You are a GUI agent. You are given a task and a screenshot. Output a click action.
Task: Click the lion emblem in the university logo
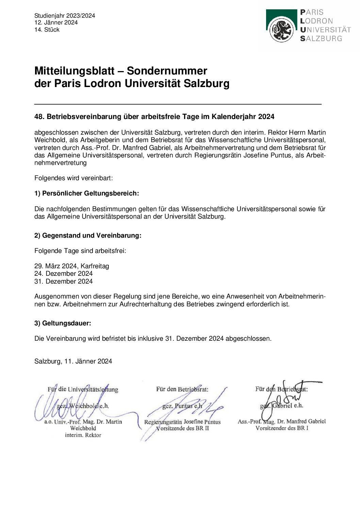[281, 30]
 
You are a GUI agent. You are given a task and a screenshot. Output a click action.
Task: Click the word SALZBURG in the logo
[321, 39]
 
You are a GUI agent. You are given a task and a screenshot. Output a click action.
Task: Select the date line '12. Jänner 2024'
[56, 22]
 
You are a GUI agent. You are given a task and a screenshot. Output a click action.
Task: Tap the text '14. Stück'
[47, 30]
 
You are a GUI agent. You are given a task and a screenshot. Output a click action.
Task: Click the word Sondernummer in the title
[167, 71]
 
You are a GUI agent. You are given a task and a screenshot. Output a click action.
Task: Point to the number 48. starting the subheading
[39, 117]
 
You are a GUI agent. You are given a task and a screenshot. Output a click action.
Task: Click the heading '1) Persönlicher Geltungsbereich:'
[87, 193]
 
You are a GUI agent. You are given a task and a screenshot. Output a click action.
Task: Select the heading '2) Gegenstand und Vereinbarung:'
[88, 235]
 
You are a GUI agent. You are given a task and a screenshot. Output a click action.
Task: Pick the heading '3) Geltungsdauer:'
[63, 323]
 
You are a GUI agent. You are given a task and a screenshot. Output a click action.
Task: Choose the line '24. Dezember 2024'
[64, 273]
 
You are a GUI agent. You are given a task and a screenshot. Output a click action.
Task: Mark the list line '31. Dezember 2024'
[64, 281]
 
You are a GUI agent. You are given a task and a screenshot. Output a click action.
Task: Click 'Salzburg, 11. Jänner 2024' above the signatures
[73, 361]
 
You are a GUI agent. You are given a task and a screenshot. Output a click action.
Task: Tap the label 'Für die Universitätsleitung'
[83, 389]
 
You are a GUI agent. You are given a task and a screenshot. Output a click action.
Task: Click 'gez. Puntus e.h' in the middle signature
[182, 406]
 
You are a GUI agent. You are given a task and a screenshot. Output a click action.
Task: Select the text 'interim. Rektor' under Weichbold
[83, 435]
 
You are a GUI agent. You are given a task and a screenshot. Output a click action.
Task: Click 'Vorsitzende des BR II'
[182, 428]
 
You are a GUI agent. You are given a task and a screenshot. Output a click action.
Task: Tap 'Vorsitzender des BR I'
[282, 428]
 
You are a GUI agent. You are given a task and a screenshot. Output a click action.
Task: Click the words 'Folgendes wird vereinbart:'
[73, 178]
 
